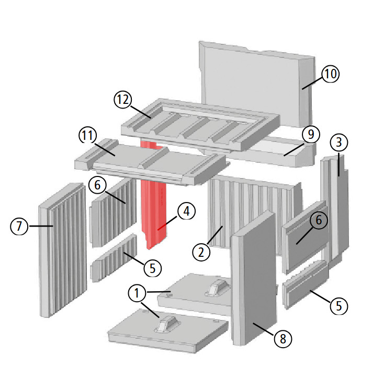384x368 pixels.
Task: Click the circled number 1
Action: click(137, 294)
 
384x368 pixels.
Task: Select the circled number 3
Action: click(338, 142)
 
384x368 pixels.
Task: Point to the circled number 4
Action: click(186, 211)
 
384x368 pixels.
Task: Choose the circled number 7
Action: click(19, 227)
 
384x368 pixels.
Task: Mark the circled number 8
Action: click(283, 339)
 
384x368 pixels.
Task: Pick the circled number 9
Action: click(310, 135)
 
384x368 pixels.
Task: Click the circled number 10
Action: click(330, 74)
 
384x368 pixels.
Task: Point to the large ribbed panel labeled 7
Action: click(63, 251)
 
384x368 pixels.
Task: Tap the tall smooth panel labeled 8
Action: click(256, 282)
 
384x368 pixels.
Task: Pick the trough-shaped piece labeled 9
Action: click(267, 148)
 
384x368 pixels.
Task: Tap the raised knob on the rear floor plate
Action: click(216, 287)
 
